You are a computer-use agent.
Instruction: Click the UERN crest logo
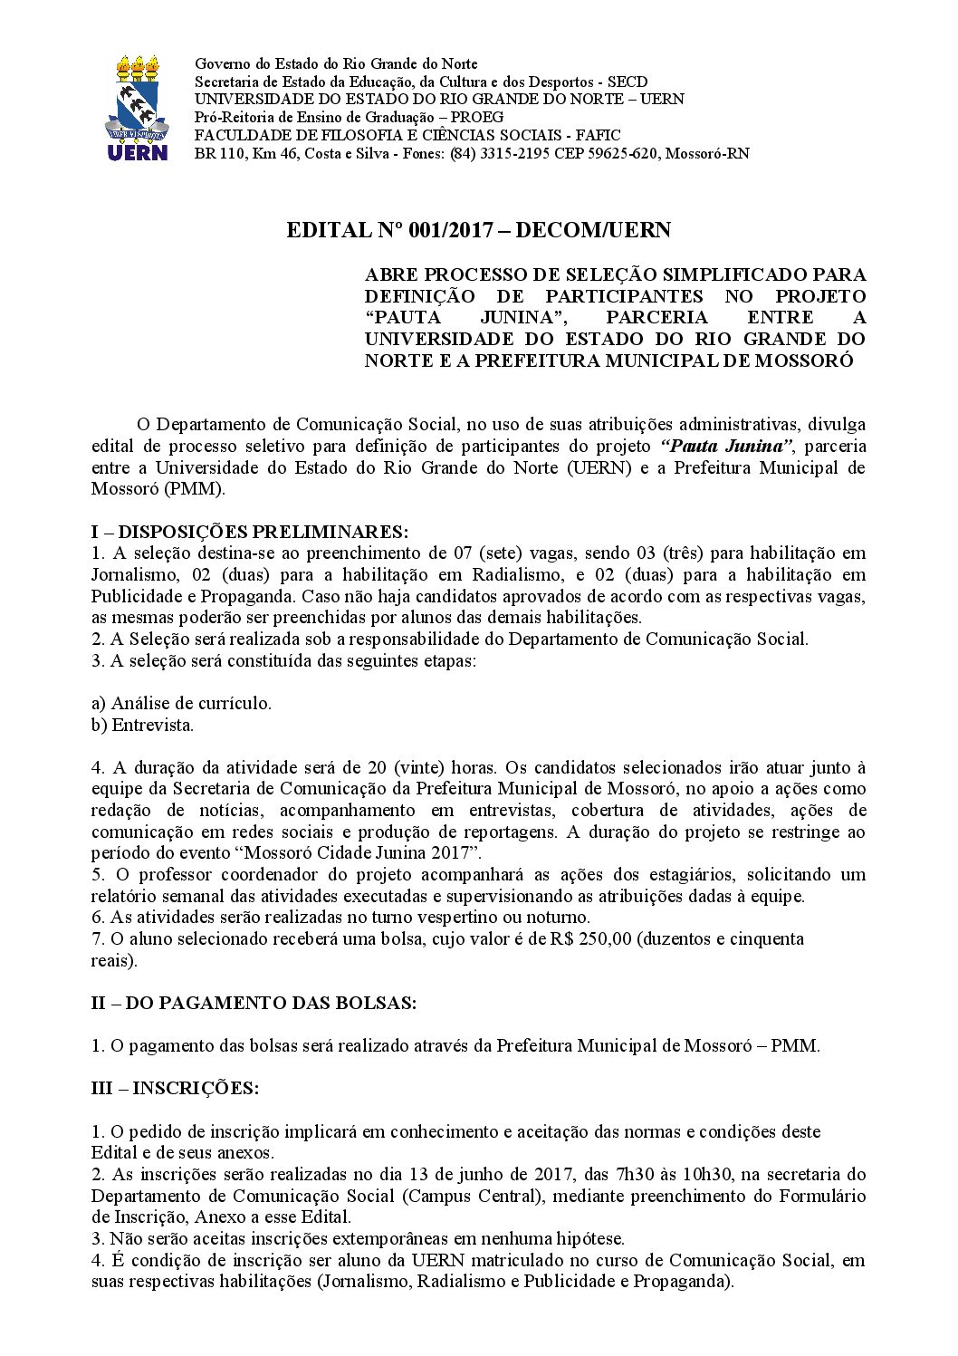(138, 108)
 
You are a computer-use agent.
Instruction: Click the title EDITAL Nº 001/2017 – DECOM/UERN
(478, 230)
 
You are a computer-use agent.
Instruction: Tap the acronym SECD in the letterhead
(627, 82)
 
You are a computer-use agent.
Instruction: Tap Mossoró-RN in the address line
(707, 153)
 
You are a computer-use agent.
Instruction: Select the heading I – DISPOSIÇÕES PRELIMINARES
(250, 531)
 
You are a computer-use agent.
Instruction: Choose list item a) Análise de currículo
(181, 703)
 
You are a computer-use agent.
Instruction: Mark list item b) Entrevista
(142, 725)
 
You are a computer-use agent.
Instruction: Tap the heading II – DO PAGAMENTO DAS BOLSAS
(254, 1003)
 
